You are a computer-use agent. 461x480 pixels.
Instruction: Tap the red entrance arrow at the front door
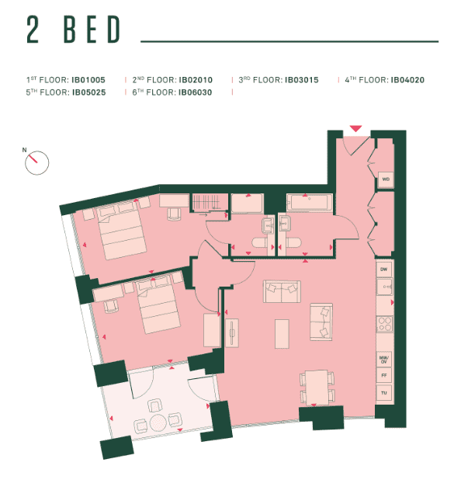point(355,128)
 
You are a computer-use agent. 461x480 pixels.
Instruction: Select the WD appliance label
point(384,179)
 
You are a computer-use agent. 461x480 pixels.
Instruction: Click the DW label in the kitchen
point(383,269)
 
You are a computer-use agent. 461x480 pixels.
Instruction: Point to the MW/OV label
point(383,360)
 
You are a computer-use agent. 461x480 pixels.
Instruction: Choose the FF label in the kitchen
point(383,376)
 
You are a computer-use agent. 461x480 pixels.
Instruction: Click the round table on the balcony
point(158,423)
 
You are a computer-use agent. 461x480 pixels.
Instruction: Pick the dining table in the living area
point(317,386)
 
